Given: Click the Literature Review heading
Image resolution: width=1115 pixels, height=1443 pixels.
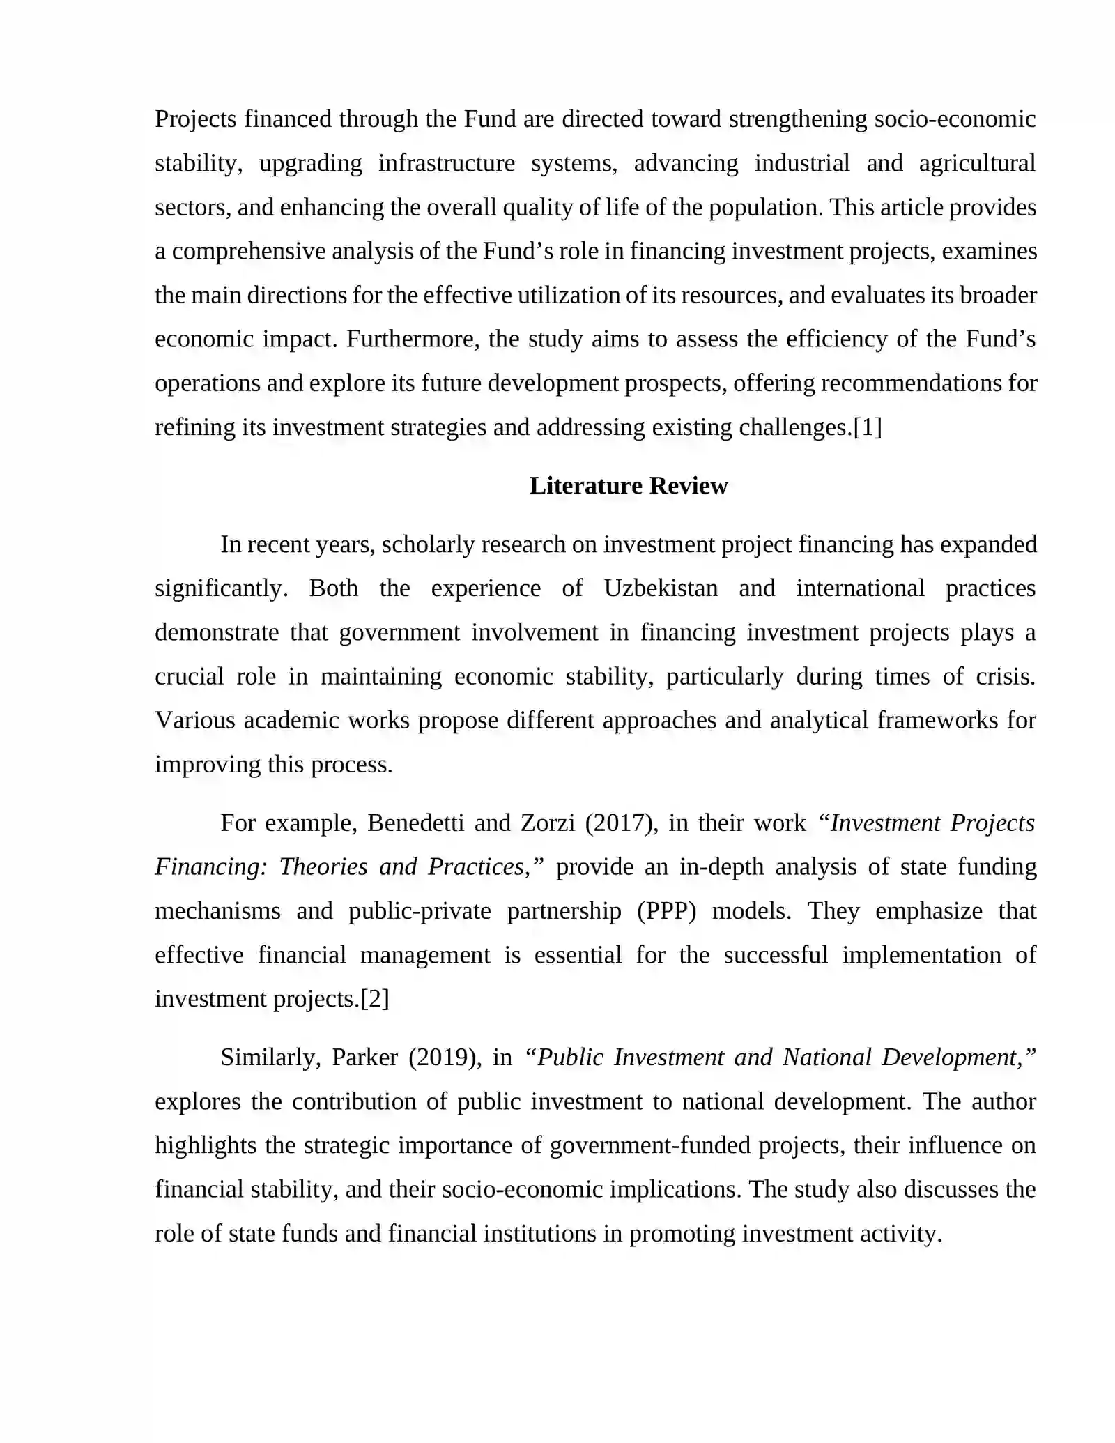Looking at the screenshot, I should point(628,485).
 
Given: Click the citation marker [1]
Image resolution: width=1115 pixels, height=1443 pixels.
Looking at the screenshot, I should point(868,427).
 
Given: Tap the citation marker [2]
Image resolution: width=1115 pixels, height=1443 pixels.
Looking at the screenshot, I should point(375,998).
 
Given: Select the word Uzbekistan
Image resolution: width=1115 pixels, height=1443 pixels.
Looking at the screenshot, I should point(661,588).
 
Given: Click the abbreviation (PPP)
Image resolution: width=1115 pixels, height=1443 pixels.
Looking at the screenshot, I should point(667,910).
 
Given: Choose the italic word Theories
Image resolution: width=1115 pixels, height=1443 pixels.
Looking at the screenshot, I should point(323,866).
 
